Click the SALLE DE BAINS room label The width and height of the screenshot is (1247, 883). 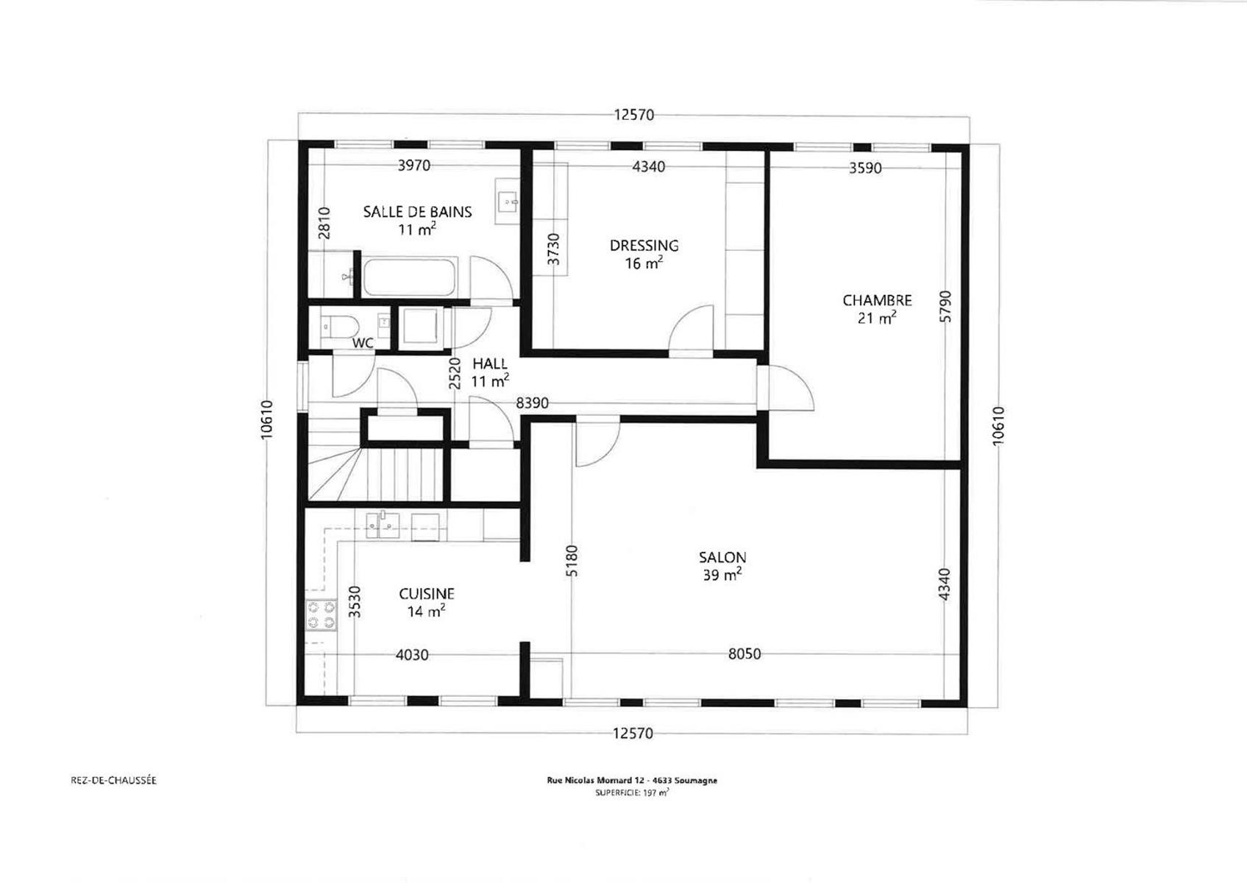[418, 212]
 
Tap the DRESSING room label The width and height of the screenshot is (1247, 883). [644, 246]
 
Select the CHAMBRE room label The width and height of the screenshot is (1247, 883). [878, 301]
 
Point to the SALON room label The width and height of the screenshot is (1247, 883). [722, 557]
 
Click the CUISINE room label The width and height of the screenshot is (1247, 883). [427, 594]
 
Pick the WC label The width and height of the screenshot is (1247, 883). [363, 343]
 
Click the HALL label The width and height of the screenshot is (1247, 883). [490, 364]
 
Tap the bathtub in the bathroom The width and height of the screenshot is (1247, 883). [410, 277]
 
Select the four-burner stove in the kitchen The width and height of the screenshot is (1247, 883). [321, 615]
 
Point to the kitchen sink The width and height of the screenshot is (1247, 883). [383, 525]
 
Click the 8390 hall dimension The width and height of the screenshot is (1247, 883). [532, 403]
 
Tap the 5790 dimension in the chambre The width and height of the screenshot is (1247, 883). [945, 306]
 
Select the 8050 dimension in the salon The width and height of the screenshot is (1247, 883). [745, 653]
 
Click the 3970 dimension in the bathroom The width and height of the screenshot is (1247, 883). [413, 166]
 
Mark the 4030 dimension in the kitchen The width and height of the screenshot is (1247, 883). [412, 655]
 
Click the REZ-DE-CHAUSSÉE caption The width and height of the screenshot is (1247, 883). [113, 780]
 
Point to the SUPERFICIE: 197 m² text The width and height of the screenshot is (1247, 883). [632, 792]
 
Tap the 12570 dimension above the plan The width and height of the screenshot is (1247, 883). [634, 115]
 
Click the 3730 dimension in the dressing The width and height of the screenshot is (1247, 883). [553, 249]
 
